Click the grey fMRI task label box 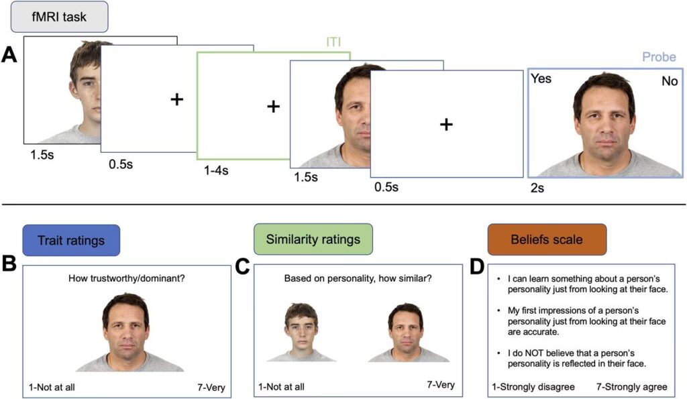pyautogui.click(x=59, y=17)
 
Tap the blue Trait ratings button pyautogui.click(x=71, y=240)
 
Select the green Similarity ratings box pyautogui.click(x=313, y=239)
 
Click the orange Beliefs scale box pyautogui.click(x=547, y=239)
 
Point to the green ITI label pyautogui.click(x=333, y=42)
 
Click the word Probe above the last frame pyautogui.click(x=659, y=57)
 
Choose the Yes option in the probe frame pyautogui.click(x=541, y=78)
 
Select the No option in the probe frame pyautogui.click(x=670, y=81)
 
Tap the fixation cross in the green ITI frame pyautogui.click(x=274, y=107)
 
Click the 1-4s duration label pyautogui.click(x=216, y=170)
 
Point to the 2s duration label pyautogui.click(x=537, y=188)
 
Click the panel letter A pyautogui.click(x=9, y=55)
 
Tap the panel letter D pyautogui.click(x=477, y=267)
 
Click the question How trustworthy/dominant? pyautogui.click(x=127, y=278)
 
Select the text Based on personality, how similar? pyautogui.click(x=358, y=278)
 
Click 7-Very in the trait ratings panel pyautogui.click(x=211, y=387)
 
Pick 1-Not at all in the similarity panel pyautogui.click(x=281, y=387)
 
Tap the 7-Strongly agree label pyautogui.click(x=632, y=387)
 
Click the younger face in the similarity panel pyautogui.click(x=301, y=332)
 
